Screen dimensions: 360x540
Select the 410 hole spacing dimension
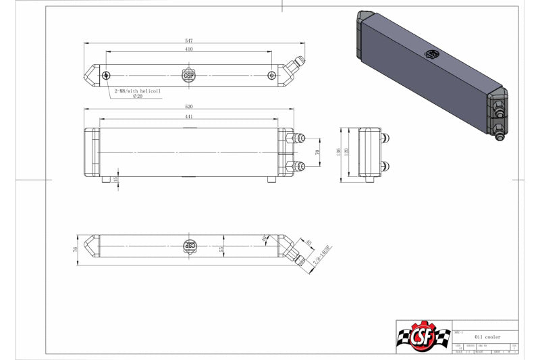tap(189, 49)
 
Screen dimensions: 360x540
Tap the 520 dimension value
tap(189, 107)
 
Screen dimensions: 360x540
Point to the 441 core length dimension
tap(189, 117)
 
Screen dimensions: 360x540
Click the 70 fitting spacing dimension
tap(317, 153)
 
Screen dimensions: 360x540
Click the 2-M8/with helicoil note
tap(138, 90)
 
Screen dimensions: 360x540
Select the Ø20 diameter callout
tap(138, 97)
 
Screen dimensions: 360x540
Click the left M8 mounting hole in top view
tap(107, 75)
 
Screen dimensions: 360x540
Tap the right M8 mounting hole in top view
tap(271, 75)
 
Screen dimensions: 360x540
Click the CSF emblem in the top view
tap(189, 75)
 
